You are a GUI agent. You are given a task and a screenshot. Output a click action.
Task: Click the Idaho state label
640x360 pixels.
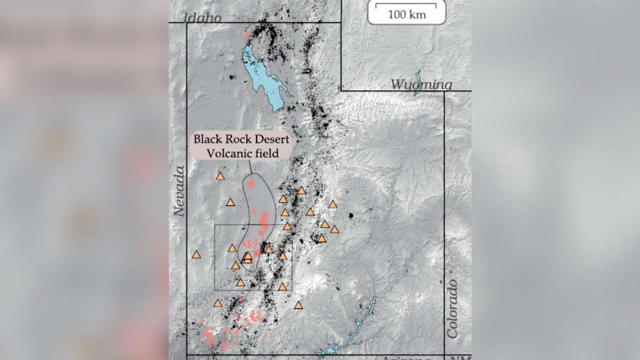tap(203, 18)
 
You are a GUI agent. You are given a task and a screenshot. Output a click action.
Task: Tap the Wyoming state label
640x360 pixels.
tap(421, 84)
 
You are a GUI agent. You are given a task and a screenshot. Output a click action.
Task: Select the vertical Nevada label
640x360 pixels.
tap(180, 191)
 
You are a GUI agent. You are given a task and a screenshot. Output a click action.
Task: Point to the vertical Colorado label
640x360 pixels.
tap(452, 309)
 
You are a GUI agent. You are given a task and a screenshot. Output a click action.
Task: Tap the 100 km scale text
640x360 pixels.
tap(407, 15)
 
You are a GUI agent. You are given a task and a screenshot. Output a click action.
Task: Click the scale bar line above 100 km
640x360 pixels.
tap(407, 6)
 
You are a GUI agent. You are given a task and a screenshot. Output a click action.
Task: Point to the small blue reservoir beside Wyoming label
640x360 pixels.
tap(417, 83)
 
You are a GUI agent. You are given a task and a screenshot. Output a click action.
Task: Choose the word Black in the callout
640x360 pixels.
tap(207, 140)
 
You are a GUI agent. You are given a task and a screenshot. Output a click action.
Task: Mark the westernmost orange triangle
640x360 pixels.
tap(196, 255)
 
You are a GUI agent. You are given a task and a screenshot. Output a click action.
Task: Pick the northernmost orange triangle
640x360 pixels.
tap(220, 177)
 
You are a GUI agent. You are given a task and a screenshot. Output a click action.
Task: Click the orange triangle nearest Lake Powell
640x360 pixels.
tap(299, 305)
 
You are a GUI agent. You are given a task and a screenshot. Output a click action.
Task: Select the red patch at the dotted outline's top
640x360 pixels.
tap(252, 184)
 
